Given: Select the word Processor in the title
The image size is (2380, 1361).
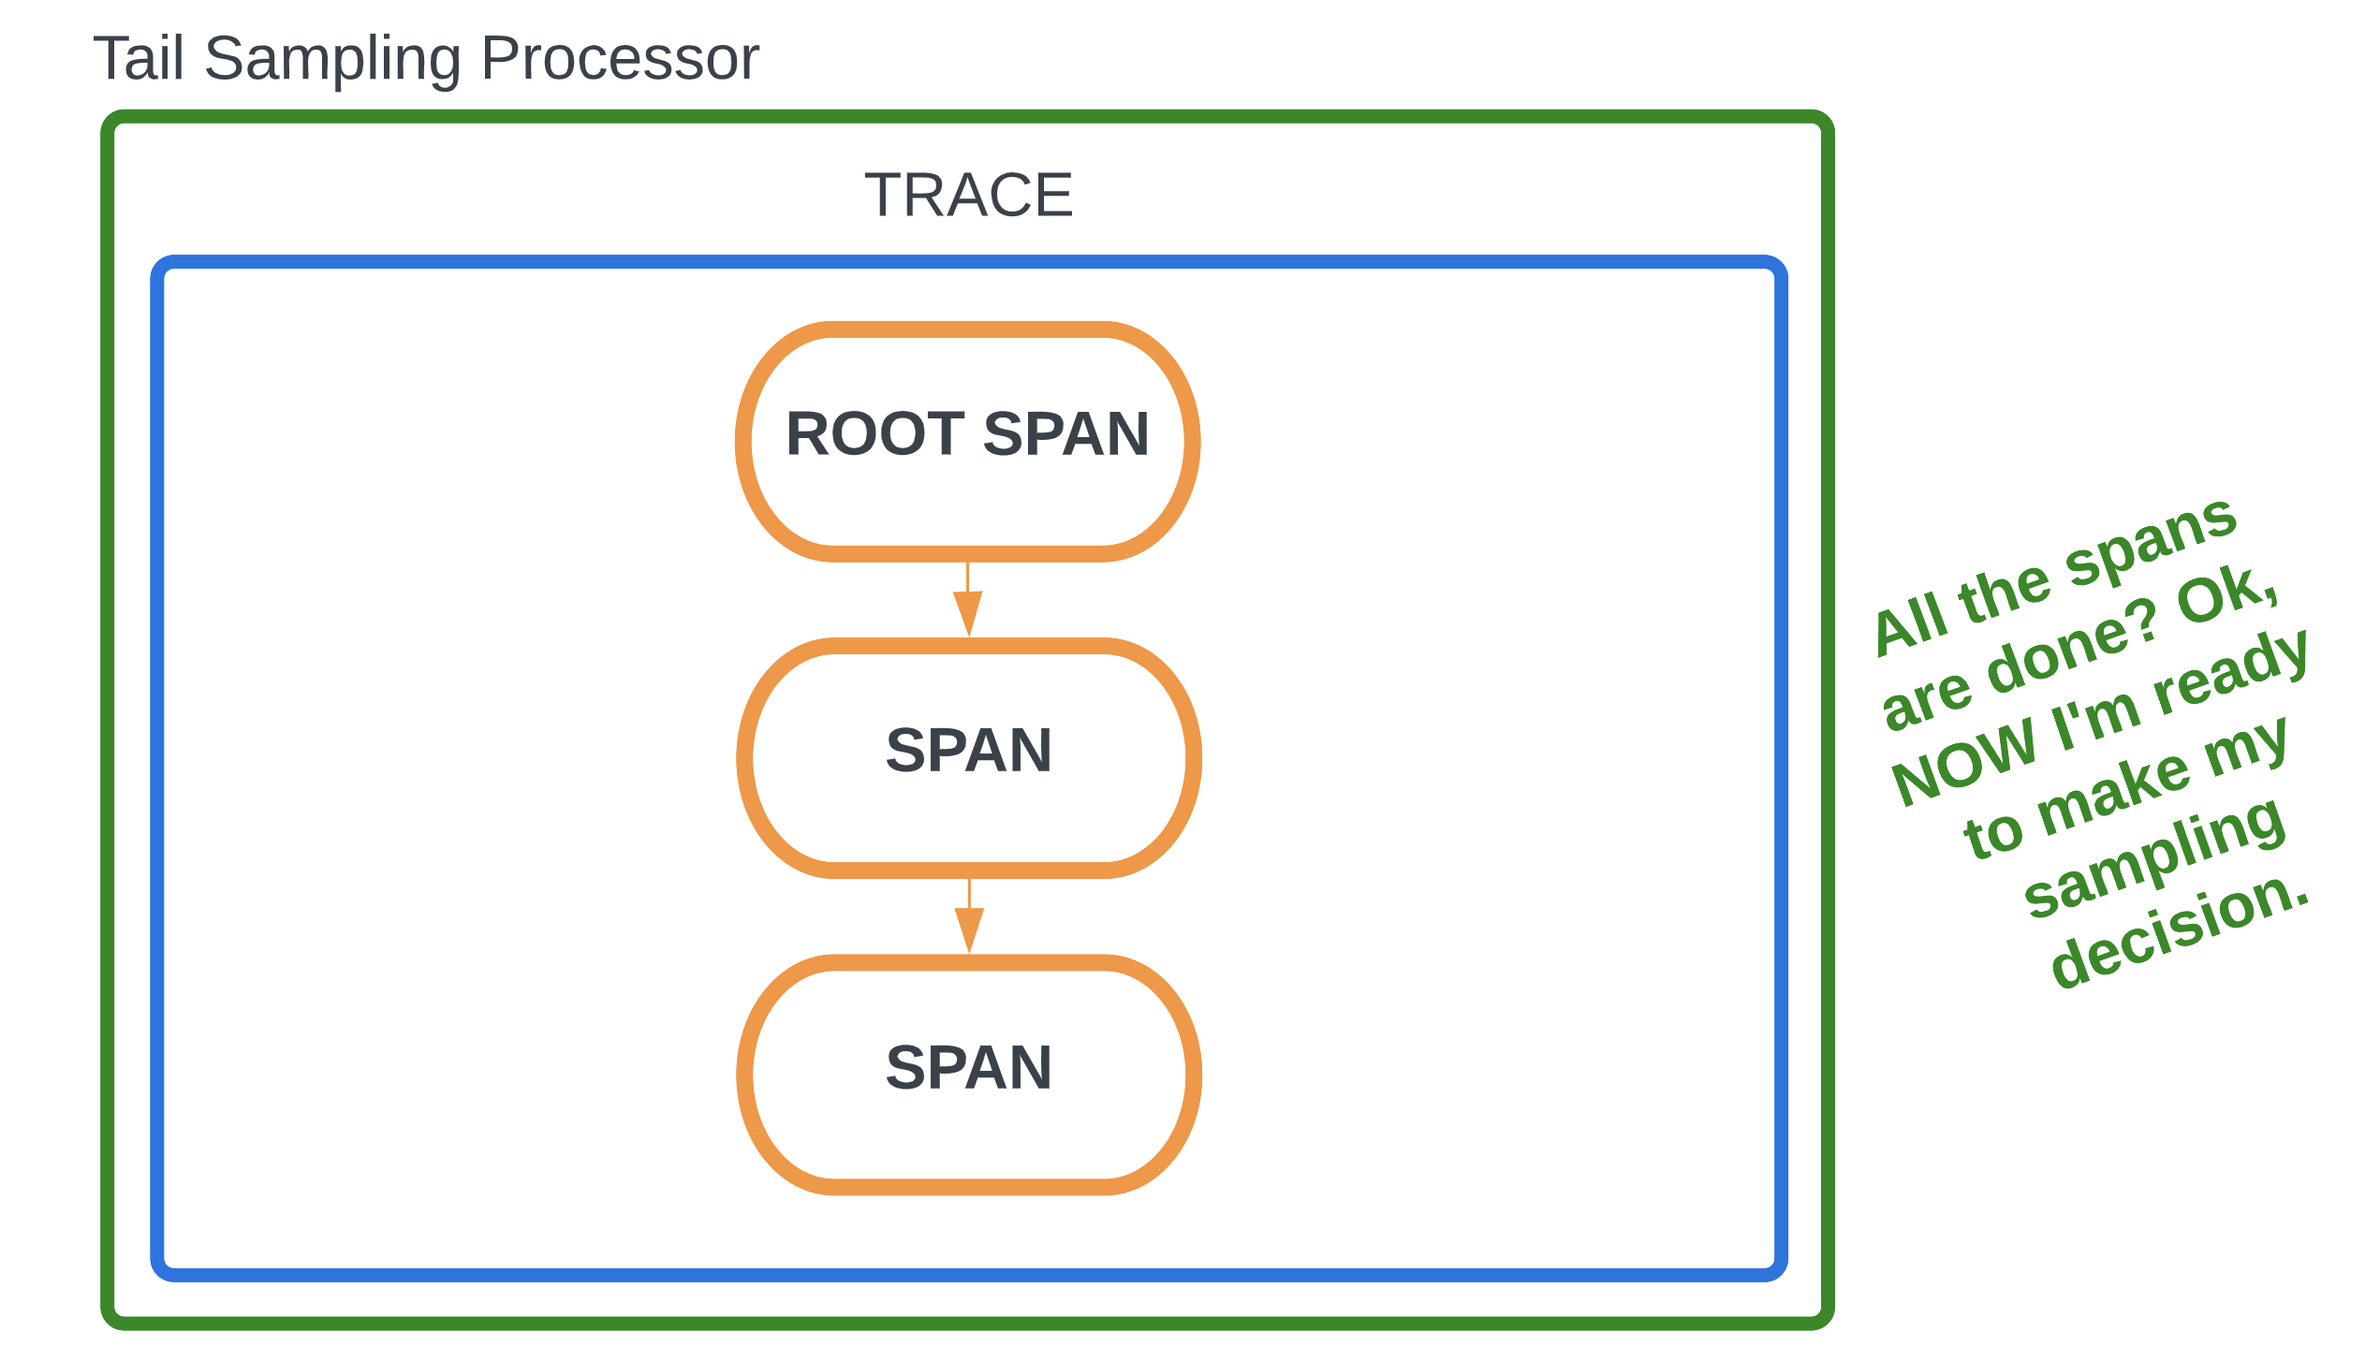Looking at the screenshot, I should [619, 58].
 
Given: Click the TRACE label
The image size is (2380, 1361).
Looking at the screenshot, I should [968, 195].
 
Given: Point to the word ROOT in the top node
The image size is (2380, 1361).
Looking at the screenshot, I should [874, 434].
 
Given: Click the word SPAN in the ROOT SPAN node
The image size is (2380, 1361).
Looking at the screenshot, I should [1065, 434].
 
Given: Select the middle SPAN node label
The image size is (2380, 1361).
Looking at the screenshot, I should [969, 751].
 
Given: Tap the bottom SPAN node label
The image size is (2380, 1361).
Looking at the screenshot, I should [969, 1068].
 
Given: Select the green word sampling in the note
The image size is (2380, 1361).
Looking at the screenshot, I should [2153, 856].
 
